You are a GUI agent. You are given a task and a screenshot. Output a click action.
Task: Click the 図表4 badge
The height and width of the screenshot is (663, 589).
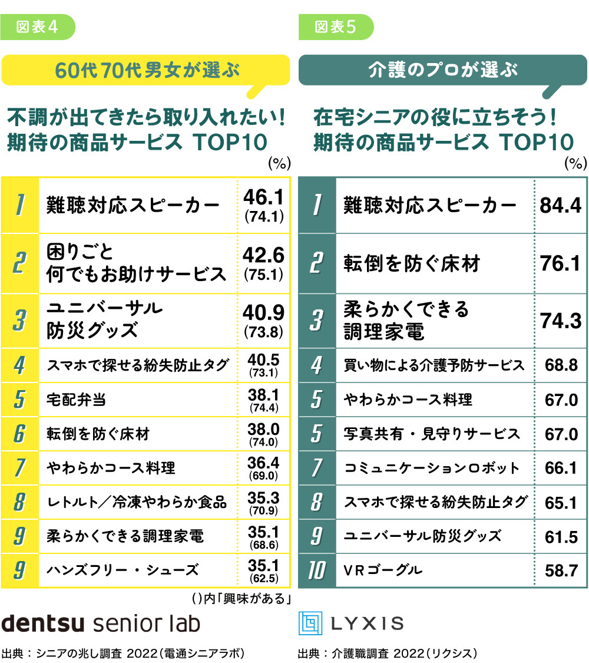point(38,27)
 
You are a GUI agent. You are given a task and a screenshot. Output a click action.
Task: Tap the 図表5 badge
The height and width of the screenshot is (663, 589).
point(336,27)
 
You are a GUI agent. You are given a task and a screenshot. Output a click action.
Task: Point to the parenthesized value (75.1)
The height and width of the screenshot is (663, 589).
point(264,274)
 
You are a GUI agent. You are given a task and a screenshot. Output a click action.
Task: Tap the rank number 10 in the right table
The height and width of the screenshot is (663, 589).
point(317,570)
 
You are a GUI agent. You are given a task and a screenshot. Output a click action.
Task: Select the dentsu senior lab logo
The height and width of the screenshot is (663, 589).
point(101,623)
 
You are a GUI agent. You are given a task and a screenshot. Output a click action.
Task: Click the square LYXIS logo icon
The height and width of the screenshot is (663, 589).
point(309,623)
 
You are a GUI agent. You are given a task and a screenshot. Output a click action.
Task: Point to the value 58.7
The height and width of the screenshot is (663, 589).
point(561,570)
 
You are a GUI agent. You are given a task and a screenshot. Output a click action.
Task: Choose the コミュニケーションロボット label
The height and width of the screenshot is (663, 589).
point(432,469)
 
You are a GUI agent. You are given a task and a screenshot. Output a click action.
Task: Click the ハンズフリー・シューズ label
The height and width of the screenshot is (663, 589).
point(123,570)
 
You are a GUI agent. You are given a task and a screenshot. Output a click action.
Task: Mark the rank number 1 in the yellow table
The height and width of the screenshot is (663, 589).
point(20,204)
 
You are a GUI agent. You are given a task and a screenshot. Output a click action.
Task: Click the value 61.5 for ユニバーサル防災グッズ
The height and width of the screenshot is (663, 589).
point(561,536)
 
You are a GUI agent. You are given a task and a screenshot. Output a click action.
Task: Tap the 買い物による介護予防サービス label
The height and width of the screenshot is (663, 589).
point(434,366)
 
